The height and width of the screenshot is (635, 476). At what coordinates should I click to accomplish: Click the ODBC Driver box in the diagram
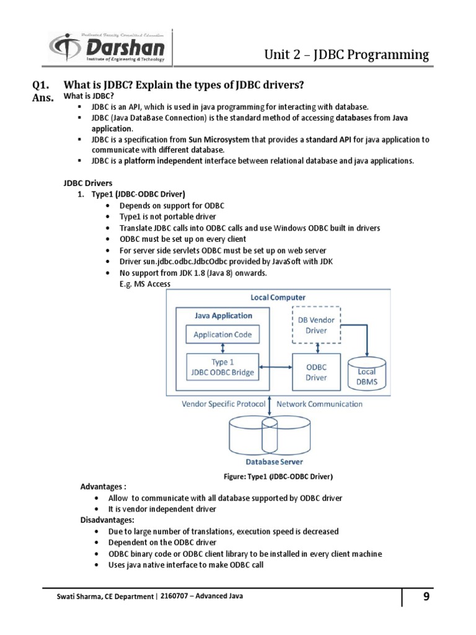[x=317, y=372]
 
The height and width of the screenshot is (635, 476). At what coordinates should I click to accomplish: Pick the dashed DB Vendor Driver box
[x=317, y=325]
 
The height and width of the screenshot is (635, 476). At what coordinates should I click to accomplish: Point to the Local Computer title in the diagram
[x=278, y=298]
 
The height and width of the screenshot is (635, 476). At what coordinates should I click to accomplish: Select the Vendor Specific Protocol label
[x=223, y=404]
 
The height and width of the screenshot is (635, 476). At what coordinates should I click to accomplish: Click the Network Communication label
[x=319, y=404]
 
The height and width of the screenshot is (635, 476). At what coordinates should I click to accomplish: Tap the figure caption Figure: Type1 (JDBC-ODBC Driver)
[x=278, y=476]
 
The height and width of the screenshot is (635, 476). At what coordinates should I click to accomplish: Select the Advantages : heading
[x=99, y=487]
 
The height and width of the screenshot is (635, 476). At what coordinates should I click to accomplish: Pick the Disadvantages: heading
[x=103, y=520]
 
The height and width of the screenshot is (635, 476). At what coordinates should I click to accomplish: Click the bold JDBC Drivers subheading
[x=88, y=183]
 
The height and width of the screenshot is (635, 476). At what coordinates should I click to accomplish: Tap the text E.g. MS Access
[x=144, y=284]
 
